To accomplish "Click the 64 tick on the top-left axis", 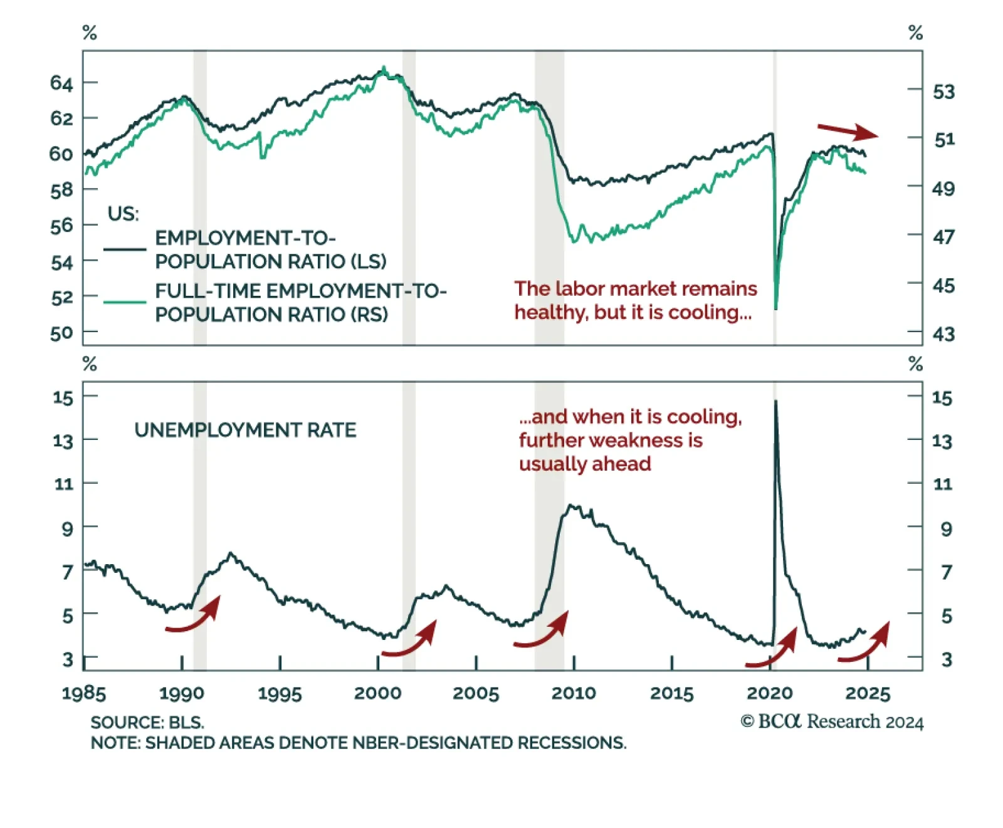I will [61, 83].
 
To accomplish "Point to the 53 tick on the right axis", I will [943, 92].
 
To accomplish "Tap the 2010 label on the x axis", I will [573, 693].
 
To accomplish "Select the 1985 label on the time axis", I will [83, 693].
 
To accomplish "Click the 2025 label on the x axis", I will [868, 693].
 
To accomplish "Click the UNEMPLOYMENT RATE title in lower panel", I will [245, 430].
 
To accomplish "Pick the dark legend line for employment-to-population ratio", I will [125, 249].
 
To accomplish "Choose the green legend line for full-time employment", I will [125, 302].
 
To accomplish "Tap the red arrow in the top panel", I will [848, 131].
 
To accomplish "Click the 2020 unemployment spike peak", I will [776, 401].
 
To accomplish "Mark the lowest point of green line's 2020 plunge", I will [776, 308].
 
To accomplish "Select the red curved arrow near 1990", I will [194, 616].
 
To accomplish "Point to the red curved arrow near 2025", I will [864, 643].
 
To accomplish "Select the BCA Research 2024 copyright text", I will [832, 722].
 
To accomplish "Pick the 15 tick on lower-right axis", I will [942, 398].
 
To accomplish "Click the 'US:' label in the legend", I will [123, 214].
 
